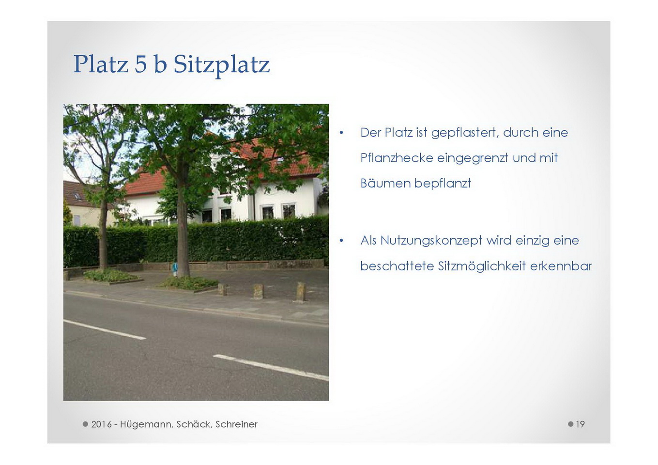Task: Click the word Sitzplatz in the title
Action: [x=221, y=65]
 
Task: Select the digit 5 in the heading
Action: [x=141, y=64]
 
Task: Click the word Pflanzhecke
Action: [x=397, y=158]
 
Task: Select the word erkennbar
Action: [x=561, y=266]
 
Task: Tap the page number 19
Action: [x=580, y=424]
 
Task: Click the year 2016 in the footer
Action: [x=101, y=424]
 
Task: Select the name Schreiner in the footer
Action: [x=236, y=424]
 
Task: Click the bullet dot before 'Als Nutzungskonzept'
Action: [x=341, y=241]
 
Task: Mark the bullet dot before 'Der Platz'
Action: [x=341, y=133]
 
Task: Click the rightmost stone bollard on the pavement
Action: [x=300, y=292]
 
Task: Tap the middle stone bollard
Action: [x=258, y=291]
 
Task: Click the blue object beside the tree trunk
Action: [x=175, y=267]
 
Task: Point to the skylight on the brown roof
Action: [x=77, y=196]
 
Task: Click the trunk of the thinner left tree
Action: [x=103, y=232]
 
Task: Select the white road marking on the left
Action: [x=105, y=329]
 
